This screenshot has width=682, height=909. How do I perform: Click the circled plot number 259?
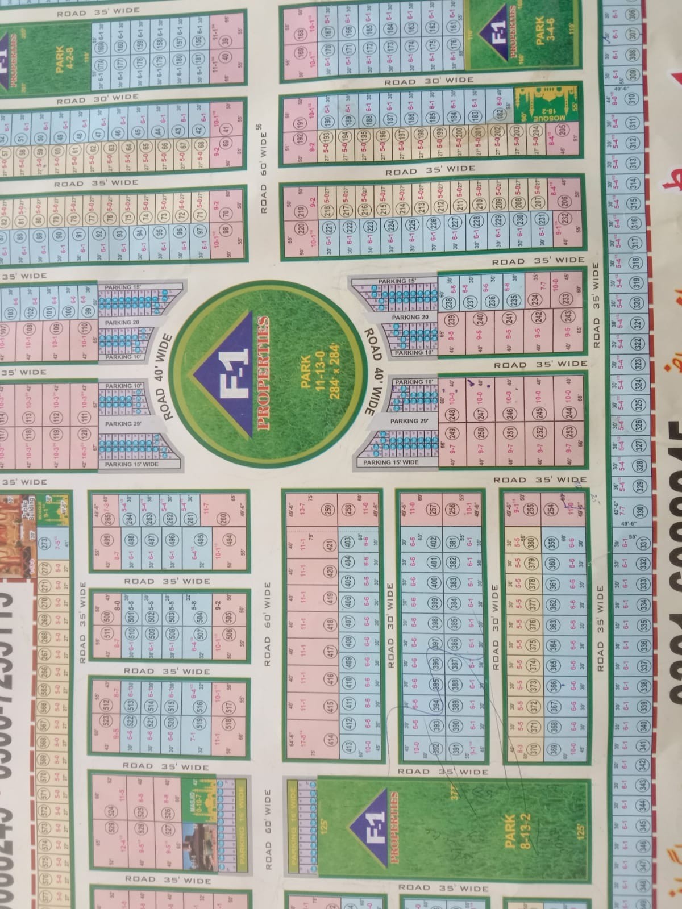[x=327, y=510]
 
